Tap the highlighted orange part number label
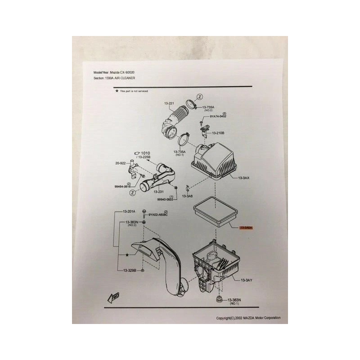coord(247,228)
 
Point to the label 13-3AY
coord(247,280)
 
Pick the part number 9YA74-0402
coord(218,117)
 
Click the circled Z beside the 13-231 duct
coord(133,192)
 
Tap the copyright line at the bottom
coord(248,318)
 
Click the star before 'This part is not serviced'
coord(117,90)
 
